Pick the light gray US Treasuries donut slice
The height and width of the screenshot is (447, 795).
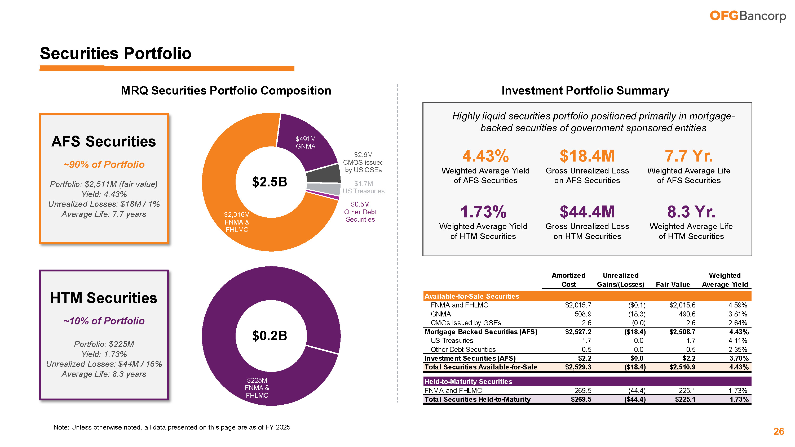pos(324,189)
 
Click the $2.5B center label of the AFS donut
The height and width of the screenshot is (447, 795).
pos(270,182)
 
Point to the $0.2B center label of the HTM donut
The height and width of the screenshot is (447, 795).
pos(270,336)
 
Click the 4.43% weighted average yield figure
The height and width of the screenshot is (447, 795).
pos(485,156)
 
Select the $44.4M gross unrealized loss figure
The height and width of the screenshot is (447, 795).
pos(587,212)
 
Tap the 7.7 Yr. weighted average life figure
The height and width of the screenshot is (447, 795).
pos(688,156)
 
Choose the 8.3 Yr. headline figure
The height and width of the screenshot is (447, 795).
pos(691,212)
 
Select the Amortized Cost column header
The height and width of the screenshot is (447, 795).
pos(568,280)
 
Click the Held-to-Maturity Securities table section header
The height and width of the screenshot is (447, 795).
pos(468,382)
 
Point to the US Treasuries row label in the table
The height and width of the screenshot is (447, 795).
pos(452,341)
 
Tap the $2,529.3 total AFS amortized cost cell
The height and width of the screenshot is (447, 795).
pos(578,367)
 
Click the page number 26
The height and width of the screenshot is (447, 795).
pos(778,431)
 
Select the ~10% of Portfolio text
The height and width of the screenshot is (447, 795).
pos(104,321)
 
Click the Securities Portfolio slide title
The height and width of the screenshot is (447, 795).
pos(116,53)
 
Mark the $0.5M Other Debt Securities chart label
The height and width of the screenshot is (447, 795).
pos(360,212)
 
